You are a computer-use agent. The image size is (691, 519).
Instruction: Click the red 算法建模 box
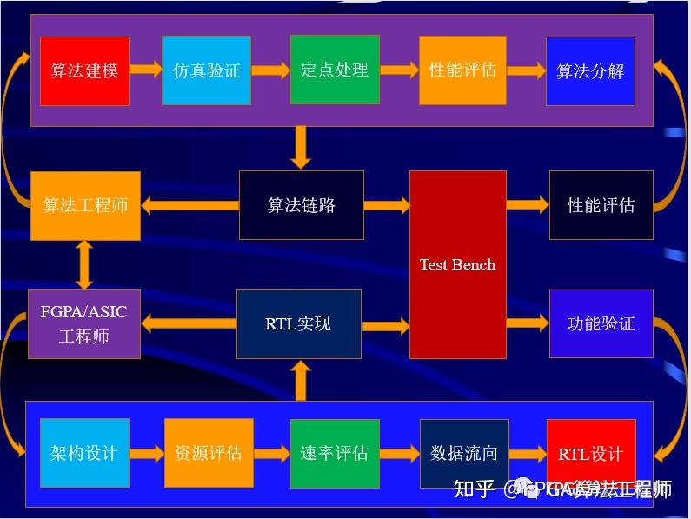click(84, 70)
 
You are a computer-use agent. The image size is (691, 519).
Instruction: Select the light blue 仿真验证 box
click(207, 70)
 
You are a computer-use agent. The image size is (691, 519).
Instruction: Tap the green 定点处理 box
click(335, 70)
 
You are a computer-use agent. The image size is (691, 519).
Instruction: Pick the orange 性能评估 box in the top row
click(462, 70)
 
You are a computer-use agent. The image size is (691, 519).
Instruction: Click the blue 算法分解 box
click(590, 70)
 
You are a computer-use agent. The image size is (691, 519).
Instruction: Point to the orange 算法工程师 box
click(85, 206)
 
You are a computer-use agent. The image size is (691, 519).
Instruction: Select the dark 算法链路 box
click(302, 206)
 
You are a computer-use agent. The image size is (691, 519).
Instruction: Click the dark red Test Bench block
click(457, 264)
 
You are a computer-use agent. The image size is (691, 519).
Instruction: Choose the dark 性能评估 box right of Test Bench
click(601, 205)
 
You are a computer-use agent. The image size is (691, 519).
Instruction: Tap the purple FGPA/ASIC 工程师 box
click(84, 323)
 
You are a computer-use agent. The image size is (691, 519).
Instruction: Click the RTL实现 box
click(298, 323)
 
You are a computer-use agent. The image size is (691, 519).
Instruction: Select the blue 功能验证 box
click(601, 323)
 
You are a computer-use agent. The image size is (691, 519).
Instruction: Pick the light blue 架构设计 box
click(84, 453)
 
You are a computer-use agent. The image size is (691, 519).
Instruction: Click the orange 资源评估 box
click(209, 453)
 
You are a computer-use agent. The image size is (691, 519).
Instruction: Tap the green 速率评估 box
click(335, 453)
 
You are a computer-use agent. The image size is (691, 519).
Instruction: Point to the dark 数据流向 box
click(464, 453)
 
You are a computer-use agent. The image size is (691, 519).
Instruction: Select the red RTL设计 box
click(591, 454)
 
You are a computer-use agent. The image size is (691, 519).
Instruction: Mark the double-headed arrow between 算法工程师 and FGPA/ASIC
click(84, 264)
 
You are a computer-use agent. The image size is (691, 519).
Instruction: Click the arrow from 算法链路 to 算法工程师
click(189, 206)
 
